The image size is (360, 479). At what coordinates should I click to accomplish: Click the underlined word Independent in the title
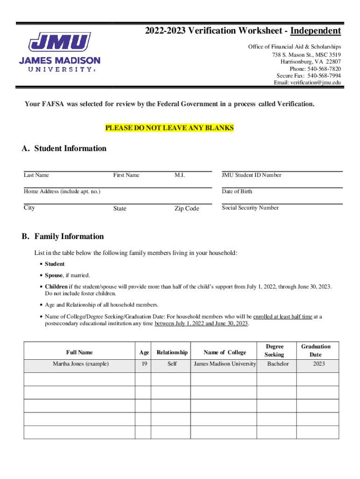316,31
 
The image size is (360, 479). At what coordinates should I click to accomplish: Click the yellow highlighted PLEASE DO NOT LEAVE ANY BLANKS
169,128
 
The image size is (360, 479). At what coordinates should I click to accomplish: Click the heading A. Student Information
64,149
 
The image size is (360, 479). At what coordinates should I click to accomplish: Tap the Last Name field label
36,175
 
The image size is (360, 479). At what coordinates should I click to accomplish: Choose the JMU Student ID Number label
252,175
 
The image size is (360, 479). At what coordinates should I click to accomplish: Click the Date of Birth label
237,191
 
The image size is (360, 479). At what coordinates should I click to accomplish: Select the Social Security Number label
250,208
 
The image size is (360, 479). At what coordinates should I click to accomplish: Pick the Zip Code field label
187,209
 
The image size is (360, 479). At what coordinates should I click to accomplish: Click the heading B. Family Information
63,237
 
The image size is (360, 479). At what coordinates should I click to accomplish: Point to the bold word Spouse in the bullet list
54,275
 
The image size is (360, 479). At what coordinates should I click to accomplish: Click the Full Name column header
79,352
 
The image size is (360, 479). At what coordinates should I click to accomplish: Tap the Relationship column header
172,352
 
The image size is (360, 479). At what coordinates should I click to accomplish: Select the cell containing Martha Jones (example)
80,364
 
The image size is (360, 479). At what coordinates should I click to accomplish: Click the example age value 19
143,364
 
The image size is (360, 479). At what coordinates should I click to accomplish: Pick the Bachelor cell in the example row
278,364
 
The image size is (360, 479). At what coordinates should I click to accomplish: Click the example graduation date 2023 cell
319,364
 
